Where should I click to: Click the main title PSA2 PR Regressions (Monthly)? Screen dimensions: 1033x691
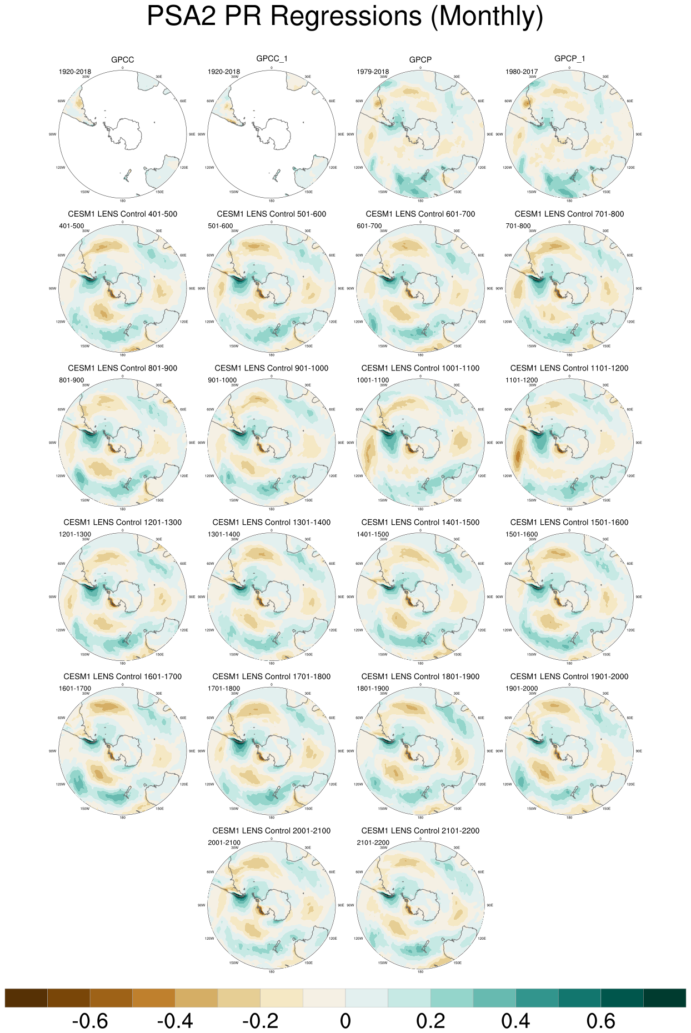pos(345,17)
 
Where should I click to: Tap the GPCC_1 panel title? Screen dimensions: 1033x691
pos(272,58)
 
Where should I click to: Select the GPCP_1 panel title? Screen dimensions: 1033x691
pos(569,58)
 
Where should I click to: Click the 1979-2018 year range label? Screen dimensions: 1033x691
pos(373,72)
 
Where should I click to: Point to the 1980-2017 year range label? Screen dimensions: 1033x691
pos(522,72)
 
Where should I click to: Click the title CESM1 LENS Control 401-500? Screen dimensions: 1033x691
pos(123,214)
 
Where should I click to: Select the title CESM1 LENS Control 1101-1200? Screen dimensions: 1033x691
pos(569,368)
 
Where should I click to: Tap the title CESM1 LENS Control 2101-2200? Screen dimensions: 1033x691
pos(420,831)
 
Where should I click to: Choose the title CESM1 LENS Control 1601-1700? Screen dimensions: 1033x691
pos(123,676)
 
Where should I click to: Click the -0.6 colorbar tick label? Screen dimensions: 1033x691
pos(90,1021)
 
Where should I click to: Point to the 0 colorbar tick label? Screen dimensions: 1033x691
pos(345,1021)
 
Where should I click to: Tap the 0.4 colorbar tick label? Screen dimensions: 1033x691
pos(515,1021)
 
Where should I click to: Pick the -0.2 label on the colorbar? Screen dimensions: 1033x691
pos(261,1021)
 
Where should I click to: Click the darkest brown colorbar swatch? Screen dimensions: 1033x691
pos(26,997)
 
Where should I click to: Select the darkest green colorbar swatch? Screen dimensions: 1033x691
pos(664,997)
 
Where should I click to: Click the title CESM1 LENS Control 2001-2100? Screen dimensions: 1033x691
pos(272,831)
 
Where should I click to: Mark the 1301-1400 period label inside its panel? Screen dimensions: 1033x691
pos(224,534)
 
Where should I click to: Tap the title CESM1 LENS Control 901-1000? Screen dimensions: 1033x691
pos(272,368)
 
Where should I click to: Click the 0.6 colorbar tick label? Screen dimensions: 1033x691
pos(601,1021)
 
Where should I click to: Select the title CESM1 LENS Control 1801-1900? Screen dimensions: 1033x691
pos(420,676)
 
